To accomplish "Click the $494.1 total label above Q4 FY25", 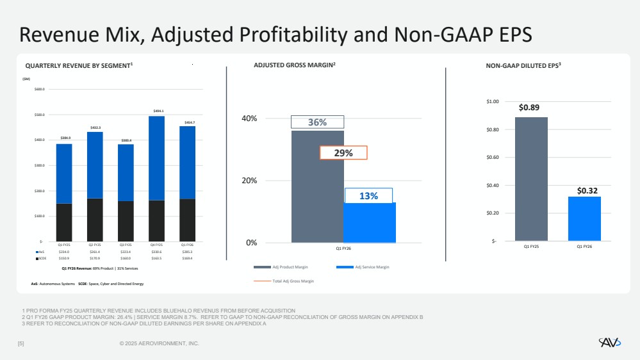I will [158, 111].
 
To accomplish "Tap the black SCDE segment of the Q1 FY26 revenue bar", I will [187, 220].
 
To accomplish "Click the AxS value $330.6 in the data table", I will [157, 252].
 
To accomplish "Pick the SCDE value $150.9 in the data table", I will [64, 258].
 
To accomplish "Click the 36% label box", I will [318, 122].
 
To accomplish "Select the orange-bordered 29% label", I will [343, 152].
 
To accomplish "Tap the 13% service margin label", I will [368, 196].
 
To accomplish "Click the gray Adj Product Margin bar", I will [317, 192].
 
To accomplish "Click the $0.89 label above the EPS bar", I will [531, 108].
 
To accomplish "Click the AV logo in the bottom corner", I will [610, 343].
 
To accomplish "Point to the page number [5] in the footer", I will [21, 344].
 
